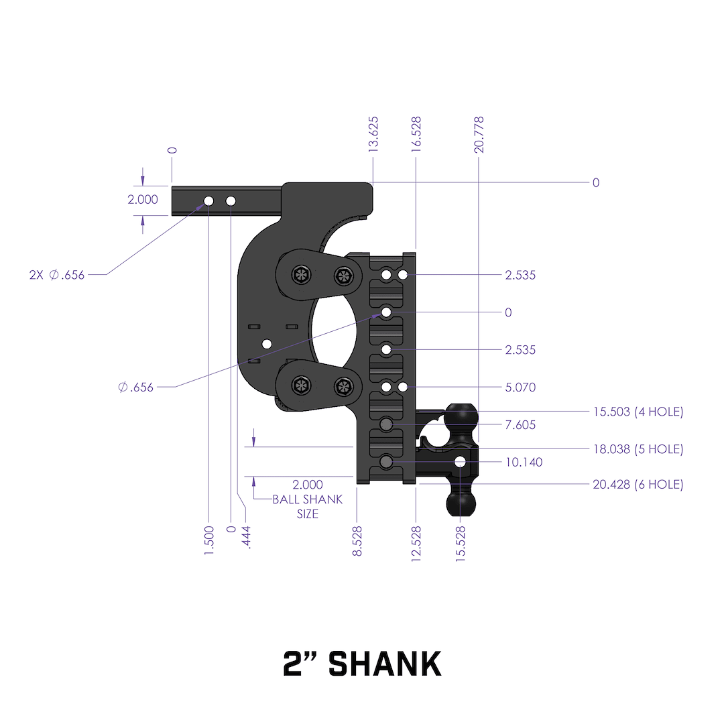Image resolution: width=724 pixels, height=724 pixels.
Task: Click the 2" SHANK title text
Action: (x=362, y=664)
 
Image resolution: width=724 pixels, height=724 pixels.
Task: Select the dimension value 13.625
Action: (x=374, y=135)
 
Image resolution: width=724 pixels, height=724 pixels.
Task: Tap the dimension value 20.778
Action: (x=479, y=135)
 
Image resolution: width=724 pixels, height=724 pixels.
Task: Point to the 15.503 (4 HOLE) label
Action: (x=638, y=412)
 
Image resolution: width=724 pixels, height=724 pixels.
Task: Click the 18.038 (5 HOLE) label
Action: (x=638, y=449)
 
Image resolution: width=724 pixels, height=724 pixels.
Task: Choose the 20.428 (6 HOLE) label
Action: (x=638, y=484)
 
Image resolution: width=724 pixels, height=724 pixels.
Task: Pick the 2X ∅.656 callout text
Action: (x=57, y=275)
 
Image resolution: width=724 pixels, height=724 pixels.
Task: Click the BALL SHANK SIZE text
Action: (x=308, y=507)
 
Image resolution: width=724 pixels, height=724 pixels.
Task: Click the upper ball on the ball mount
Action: (x=461, y=417)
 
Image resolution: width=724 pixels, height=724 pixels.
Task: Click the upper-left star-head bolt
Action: (x=300, y=274)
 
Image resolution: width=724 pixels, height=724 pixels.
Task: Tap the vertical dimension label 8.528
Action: (x=358, y=539)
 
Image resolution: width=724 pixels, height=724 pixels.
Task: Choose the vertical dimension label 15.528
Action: (x=461, y=543)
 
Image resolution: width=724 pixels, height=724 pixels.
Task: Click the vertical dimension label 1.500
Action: (x=209, y=539)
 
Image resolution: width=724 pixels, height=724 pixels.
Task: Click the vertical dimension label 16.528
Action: (x=416, y=135)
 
